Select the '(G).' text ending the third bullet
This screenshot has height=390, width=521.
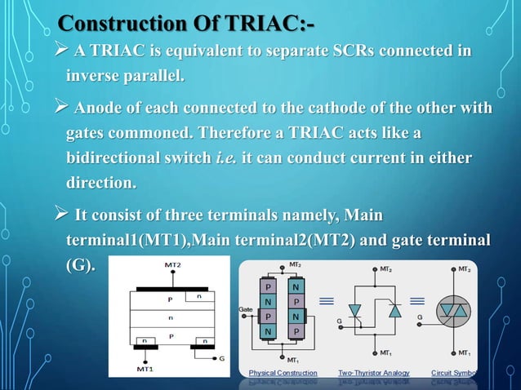point(79,265)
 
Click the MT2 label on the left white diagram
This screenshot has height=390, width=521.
point(172,265)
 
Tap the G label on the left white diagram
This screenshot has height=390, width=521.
point(222,357)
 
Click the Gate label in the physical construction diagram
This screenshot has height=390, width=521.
point(245,310)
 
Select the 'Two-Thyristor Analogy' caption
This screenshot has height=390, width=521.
point(374,372)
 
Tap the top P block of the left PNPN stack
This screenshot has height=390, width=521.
point(267,286)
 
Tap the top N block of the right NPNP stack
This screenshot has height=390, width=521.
point(295,286)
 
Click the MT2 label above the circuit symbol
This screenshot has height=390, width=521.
point(464,268)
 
